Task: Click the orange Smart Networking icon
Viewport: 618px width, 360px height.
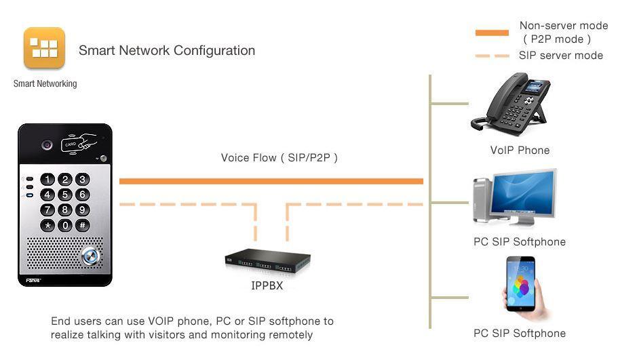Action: point(44,47)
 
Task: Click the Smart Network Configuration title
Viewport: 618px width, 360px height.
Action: point(167,50)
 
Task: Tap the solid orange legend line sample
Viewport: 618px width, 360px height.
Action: point(492,33)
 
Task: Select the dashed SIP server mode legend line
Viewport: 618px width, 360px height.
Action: point(492,56)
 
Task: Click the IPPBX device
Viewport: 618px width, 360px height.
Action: point(268,260)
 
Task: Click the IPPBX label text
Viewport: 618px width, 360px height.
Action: point(267,286)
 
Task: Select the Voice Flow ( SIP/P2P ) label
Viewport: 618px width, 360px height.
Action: point(279,158)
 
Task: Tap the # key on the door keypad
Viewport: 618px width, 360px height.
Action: point(82,225)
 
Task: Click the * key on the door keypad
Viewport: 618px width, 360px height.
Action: point(47,225)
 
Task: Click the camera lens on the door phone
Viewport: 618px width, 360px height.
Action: point(47,144)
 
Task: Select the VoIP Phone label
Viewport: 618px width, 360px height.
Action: point(520,151)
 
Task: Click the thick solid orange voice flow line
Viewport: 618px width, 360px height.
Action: point(271,181)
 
